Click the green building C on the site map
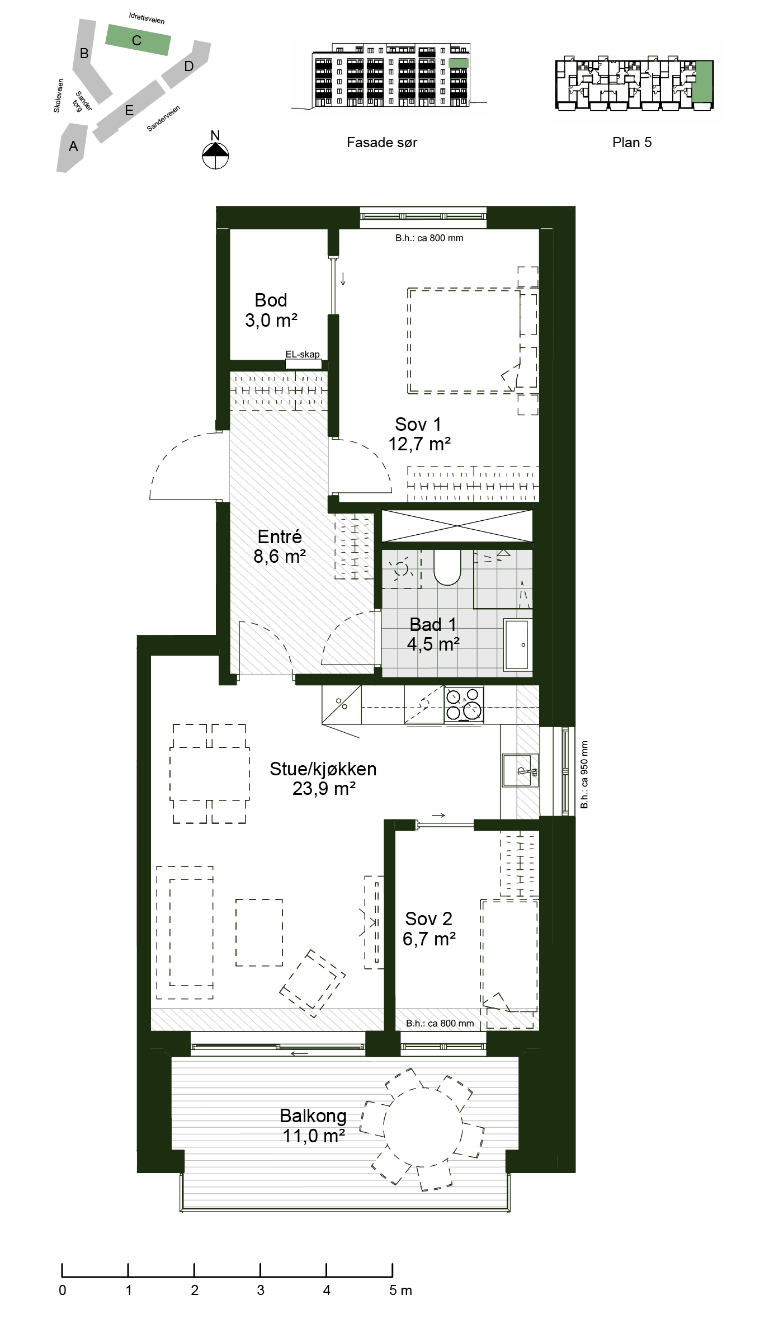pos(138,40)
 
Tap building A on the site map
pos(72,147)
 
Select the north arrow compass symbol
pos(215,155)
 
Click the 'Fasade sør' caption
pos(382,143)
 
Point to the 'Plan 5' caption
pos(632,143)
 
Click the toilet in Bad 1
pos(447,567)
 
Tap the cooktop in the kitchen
pos(464,705)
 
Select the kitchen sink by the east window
pos(520,770)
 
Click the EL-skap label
pos(303,354)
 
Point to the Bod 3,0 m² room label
pos(271,310)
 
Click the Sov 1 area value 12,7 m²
pos(419,444)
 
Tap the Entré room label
pos(280,546)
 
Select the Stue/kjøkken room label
pos(323,778)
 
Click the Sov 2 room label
pos(429,929)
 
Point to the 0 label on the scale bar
pos(62,1290)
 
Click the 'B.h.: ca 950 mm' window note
pos(584,774)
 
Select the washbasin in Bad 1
pos(517,644)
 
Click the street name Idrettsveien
pos(147,18)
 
